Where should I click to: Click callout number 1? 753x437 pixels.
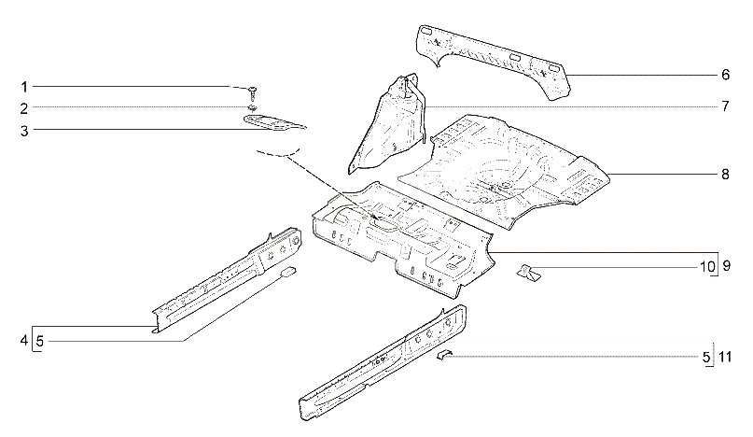click(24, 87)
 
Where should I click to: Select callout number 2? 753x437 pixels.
click(24, 108)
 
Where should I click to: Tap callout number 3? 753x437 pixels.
click(24, 131)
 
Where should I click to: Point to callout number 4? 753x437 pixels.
click(24, 341)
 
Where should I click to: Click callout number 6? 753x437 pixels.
click(725, 75)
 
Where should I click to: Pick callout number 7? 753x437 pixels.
click(725, 106)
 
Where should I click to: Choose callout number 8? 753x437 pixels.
click(725, 174)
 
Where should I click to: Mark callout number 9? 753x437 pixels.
click(726, 266)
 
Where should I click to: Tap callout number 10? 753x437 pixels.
click(707, 267)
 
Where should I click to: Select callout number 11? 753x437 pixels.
click(725, 358)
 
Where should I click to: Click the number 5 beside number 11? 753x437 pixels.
click(706, 358)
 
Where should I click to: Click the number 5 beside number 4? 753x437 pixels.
click(40, 342)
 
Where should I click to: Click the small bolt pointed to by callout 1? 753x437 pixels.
click(253, 92)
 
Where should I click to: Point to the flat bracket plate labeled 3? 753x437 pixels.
click(274, 122)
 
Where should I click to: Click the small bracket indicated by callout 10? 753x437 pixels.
click(528, 273)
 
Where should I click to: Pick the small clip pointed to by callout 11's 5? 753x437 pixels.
click(444, 355)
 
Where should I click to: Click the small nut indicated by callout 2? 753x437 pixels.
click(253, 107)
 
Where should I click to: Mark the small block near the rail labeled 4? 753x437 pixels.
click(288, 272)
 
